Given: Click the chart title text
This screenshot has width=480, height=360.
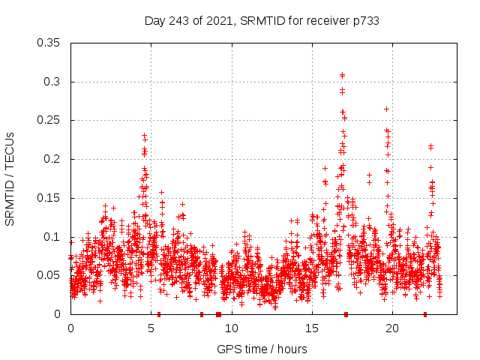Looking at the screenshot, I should click(x=261, y=21).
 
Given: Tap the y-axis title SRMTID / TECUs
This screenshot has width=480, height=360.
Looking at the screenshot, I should click(x=10, y=179).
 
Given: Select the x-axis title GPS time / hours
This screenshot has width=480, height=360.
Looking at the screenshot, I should click(x=262, y=349).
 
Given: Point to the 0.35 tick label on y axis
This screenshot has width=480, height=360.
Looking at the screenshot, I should click(x=49, y=43).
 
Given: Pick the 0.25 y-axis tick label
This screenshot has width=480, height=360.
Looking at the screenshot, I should click(x=49, y=120).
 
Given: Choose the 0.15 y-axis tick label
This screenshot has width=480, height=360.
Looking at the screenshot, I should click(x=49, y=198).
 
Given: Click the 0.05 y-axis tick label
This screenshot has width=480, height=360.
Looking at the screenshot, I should click(x=49, y=275).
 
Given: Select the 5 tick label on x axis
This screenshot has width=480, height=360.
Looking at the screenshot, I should click(x=151, y=328).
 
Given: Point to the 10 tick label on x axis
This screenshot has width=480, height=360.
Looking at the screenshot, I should click(x=232, y=328).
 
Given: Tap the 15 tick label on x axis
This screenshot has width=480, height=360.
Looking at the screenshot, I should click(x=312, y=328).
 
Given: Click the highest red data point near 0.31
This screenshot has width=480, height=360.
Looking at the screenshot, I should click(x=342, y=75).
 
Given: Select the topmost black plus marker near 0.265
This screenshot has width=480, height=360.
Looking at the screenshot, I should click(x=386, y=109).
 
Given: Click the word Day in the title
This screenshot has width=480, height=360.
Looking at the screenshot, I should click(x=154, y=21).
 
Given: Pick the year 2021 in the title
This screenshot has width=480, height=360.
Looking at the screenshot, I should click(x=214, y=21).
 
